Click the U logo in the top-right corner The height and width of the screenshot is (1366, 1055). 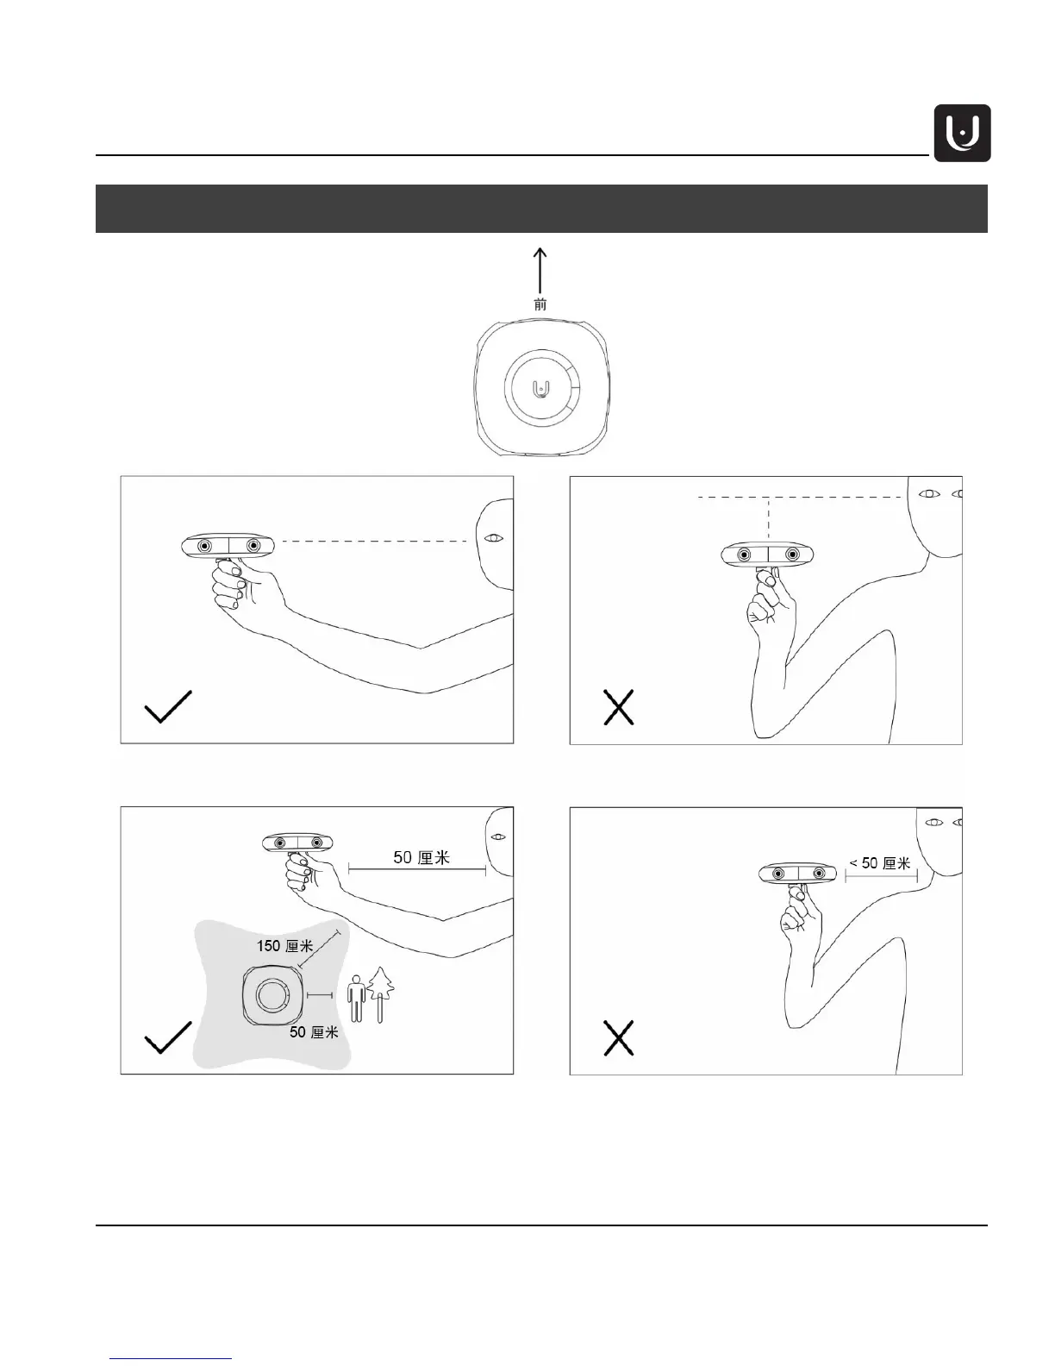coord(962,134)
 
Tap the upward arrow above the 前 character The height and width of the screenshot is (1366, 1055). coord(540,271)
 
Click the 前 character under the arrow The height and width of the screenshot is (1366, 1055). coord(540,304)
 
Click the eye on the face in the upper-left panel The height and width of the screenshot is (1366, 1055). coord(494,539)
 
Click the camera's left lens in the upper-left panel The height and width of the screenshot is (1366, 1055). coord(205,547)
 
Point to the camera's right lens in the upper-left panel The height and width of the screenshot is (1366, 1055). coord(253,547)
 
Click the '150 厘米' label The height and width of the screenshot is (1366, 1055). coord(284,946)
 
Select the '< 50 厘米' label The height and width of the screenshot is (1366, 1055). coord(879,862)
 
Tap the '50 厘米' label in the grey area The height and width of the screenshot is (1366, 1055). coord(313,1031)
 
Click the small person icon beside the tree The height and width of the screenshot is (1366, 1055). coord(355,1000)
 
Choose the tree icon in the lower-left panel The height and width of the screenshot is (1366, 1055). coord(380,993)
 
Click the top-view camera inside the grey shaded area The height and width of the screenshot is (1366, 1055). coord(272,996)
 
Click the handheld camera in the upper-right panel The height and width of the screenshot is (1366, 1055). coord(767,555)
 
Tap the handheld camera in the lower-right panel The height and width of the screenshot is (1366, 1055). coord(799,874)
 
